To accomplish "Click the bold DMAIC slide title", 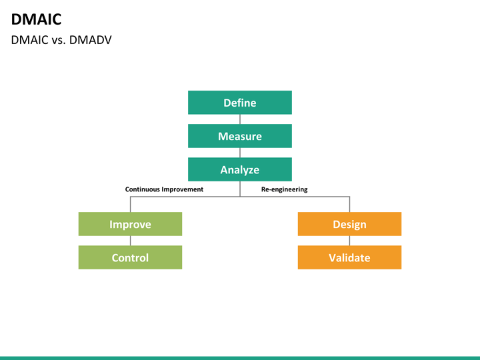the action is (36, 19).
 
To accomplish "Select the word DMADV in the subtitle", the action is (90, 40).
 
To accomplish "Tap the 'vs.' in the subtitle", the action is (59, 40).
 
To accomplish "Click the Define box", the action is (240, 103).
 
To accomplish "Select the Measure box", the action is (240, 136).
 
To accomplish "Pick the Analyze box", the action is (240, 169).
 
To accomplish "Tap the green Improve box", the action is (130, 224).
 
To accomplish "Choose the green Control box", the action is (130, 257).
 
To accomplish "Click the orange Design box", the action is (349, 224).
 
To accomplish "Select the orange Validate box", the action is (349, 257).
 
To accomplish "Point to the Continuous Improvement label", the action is (164, 189).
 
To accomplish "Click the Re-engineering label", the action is (285, 189).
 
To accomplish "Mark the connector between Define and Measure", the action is (240, 119).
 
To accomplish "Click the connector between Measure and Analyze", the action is (240, 153).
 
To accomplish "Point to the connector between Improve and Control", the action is (131, 241).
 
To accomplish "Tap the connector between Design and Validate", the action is (349, 241).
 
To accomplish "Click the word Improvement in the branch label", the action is (183, 189).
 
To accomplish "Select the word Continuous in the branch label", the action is (143, 189).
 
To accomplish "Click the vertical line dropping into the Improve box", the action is (131, 204).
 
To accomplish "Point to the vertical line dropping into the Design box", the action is (349, 204).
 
